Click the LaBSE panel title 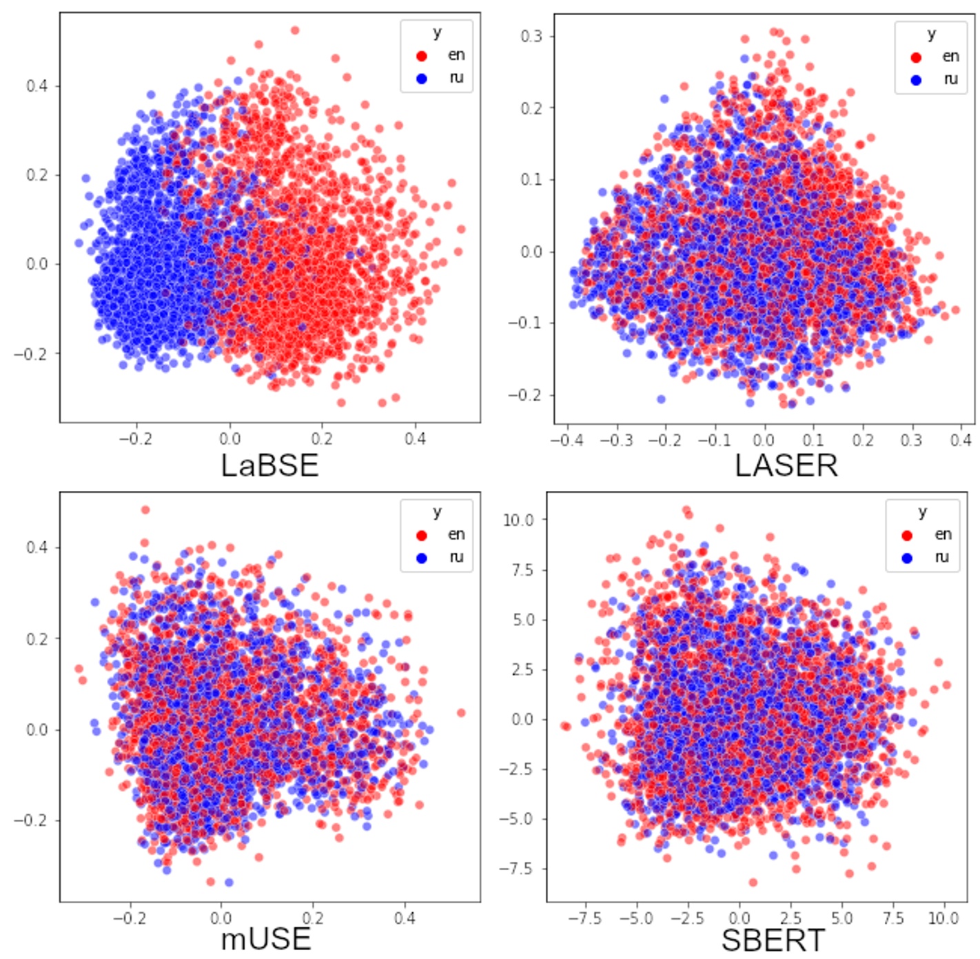click(x=269, y=465)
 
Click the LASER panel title click(x=786, y=465)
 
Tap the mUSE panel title click(x=265, y=939)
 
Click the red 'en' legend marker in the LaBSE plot click(x=422, y=56)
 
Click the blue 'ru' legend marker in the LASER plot click(x=916, y=80)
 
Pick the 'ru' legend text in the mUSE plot click(x=456, y=557)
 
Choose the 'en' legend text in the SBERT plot click(x=943, y=534)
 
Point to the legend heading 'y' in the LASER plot click(x=931, y=34)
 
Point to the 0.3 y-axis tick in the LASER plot click(x=531, y=36)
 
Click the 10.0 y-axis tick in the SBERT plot click(x=518, y=520)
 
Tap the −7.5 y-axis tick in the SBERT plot click(x=516, y=869)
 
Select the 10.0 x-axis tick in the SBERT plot click(x=943, y=918)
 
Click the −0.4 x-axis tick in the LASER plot click(x=566, y=440)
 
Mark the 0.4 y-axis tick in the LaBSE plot click(x=37, y=86)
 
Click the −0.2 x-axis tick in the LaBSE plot click(x=135, y=439)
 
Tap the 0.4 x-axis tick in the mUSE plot click(x=405, y=918)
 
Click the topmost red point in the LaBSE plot click(x=295, y=30)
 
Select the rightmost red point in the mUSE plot click(x=461, y=713)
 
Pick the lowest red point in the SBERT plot click(x=753, y=882)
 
